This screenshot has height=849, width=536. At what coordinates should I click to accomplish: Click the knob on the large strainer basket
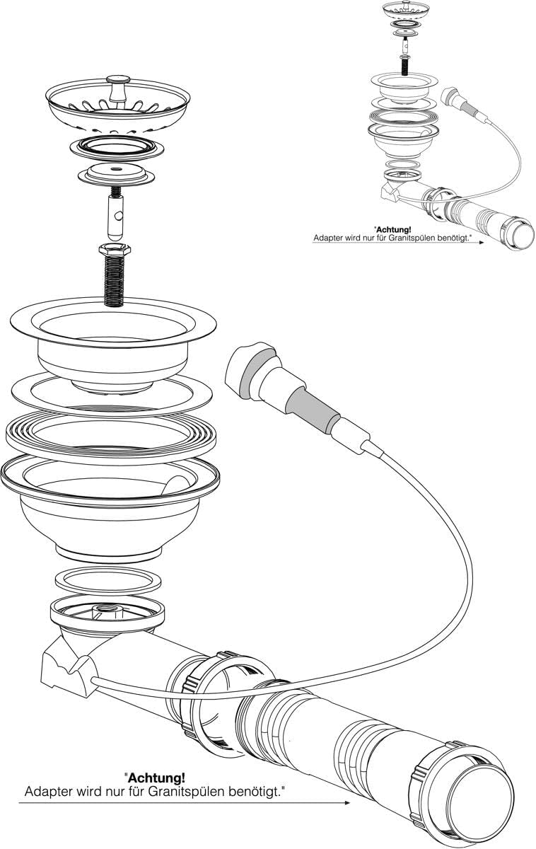point(118,89)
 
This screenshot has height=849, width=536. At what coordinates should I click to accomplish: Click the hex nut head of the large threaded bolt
point(115,250)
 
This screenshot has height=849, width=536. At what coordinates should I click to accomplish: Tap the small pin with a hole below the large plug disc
point(115,216)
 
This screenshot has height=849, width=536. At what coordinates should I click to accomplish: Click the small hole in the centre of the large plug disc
point(116,168)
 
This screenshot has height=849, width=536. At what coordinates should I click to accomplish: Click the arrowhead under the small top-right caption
point(482,242)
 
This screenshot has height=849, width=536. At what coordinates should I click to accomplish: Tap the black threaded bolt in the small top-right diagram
point(405,65)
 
